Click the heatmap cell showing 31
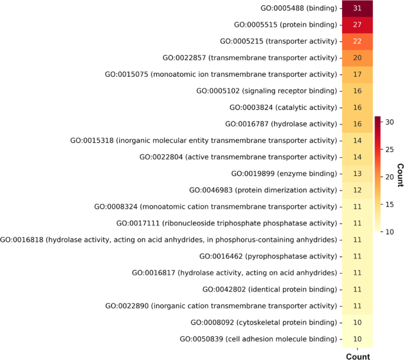point(357,9)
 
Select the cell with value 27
point(357,25)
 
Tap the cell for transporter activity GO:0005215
point(357,42)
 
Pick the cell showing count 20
point(357,58)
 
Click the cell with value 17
point(357,75)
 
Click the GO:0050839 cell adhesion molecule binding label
point(260,339)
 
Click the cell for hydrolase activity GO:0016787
point(357,124)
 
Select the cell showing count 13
point(357,174)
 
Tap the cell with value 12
point(357,190)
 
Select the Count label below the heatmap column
point(357,356)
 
